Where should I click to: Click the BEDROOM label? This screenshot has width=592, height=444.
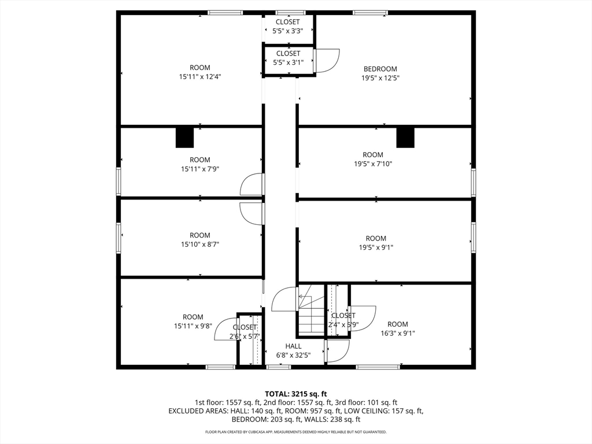coord(380,69)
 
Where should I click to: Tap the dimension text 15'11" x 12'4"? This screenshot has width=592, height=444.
coord(200,77)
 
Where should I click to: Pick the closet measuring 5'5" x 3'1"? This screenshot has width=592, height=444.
coord(288,60)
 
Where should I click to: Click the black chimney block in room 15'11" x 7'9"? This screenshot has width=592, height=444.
coord(184,138)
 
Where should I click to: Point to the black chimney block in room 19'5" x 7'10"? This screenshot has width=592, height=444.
coord(405,138)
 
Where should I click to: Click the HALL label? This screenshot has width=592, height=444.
coord(293,346)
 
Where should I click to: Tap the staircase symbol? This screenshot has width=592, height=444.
coord(311,310)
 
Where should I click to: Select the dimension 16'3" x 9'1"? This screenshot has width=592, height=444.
coord(398,333)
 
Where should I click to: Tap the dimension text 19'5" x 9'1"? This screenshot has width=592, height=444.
coord(376,247)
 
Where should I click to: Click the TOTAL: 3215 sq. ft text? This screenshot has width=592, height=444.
coord(295,394)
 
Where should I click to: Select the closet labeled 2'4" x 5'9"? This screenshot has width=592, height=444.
coord(337,310)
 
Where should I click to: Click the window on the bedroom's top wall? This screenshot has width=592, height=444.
coord(370,13)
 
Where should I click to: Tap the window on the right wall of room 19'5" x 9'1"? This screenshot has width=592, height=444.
coord(473,238)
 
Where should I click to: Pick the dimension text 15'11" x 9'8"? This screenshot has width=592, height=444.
coord(193,326)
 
